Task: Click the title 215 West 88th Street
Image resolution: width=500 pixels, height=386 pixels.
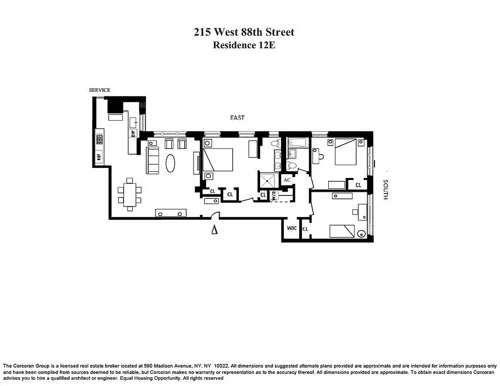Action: pyautogui.click(x=244, y=32)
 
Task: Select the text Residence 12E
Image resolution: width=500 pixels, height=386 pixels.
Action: pyautogui.click(x=244, y=45)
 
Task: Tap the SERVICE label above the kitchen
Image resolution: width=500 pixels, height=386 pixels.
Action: pyautogui.click(x=99, y=90)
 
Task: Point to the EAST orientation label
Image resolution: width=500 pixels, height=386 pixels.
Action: pyautogui.click(x=237, y=118)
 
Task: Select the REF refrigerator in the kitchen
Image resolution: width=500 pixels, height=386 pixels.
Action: pyautogui.click(x=99, y=156)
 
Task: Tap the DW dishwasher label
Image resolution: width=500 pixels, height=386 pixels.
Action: pyautogui.click(x=133, y=132)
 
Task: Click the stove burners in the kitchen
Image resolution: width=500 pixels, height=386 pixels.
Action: pyautogui.click(x=100, y=139)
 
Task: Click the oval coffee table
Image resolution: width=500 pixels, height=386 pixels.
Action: pyautogui.click(x=171, y=163)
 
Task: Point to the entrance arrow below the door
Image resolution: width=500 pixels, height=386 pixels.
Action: pyautogui.click(x=214, y=230)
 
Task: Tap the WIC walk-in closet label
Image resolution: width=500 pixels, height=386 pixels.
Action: pyautogui.click(x=292, y=228)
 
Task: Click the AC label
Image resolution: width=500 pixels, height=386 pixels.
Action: pyautogui.click(x=287, y=180)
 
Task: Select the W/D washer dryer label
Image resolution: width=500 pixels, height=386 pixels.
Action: pyautogui.click(x=274, y=196)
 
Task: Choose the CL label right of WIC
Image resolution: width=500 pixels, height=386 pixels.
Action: pyautogui.click(x=305, y=229)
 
